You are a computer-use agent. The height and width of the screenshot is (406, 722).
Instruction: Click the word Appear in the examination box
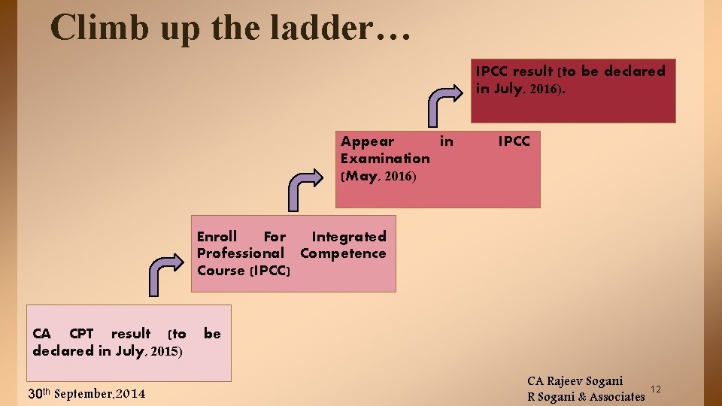click(x=367, y=141)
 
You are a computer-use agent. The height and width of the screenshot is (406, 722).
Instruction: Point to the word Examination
click(x=385, y=159)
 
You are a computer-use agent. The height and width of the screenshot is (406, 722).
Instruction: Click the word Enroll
click(x=217, y=237)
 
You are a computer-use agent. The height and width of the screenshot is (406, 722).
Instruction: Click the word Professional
click(x=241, y=254)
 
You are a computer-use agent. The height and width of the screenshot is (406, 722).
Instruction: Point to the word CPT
click(x=80, y=334)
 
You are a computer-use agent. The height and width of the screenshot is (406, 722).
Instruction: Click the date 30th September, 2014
click(x=86, y=393)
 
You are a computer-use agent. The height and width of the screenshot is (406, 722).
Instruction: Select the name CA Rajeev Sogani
click(x=575, y=381)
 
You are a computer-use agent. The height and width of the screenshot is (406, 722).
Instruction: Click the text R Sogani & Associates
click(x=586, y=396)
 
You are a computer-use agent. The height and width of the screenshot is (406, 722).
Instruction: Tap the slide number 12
click(x=655, y=389)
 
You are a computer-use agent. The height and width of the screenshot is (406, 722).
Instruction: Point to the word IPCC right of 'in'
click(x=514, y=141)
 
